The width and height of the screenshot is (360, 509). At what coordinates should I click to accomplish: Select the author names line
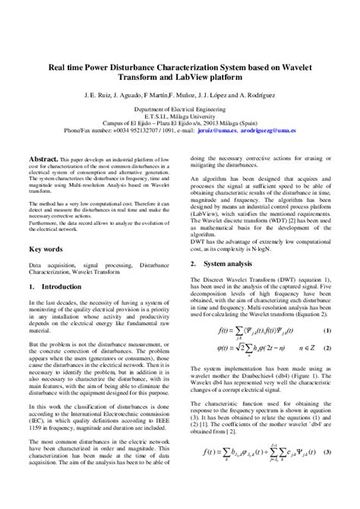179,97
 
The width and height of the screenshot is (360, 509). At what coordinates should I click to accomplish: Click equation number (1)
327,331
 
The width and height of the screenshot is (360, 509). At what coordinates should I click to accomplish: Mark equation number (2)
327,348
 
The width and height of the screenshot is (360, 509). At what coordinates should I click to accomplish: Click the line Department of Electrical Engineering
179,110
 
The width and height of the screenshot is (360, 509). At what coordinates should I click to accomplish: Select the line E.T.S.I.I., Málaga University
179,117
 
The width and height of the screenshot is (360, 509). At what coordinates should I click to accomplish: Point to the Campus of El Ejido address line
179,124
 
